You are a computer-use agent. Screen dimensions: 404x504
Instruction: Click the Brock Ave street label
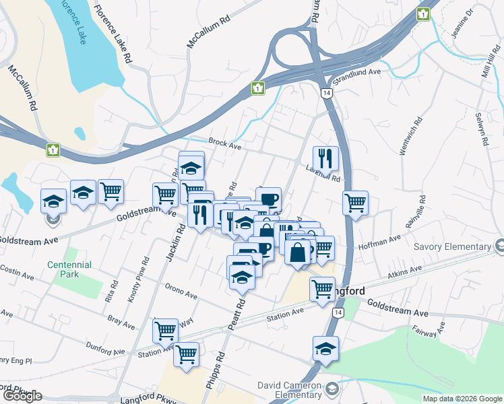(225, 143)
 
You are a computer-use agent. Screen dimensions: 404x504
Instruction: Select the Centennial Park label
(63, 269)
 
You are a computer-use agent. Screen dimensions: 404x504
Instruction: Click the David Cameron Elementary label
(290, 390)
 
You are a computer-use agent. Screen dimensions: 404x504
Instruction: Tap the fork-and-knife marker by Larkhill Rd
(325, 160)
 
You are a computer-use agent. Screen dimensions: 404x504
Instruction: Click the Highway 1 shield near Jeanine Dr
(423, 13)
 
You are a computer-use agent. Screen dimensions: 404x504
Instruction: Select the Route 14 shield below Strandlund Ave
(327, 93)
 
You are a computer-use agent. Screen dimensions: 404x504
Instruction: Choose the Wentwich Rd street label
(410, 137)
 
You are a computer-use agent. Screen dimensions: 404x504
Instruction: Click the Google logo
(22, 396)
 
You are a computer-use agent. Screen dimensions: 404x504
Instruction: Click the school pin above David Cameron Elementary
(325, 349)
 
